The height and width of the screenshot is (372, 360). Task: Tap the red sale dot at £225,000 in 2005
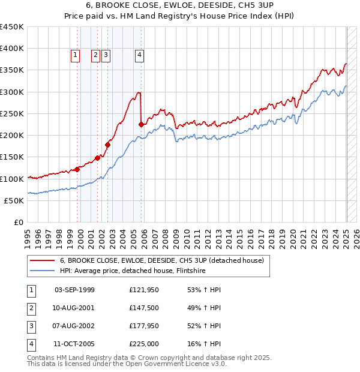point(141,125)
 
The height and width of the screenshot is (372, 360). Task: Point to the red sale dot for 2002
point(108,145)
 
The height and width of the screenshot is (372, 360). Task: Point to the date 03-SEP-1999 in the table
point(74,290)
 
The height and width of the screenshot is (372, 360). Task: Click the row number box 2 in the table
point(31,308)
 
